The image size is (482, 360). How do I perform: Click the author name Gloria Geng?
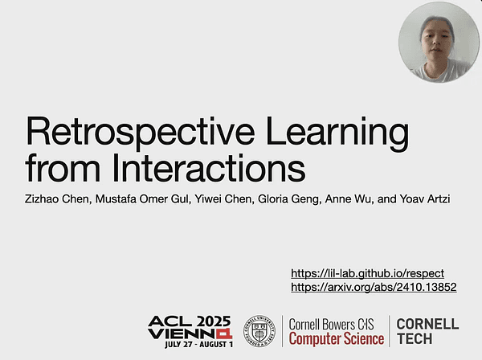pyautogui.click(x=297, y=196)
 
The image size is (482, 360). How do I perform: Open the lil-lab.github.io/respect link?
pyautogui.click(x=366, y=273)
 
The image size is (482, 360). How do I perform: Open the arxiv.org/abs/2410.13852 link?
pyautogui.click(x=374, y=287)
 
